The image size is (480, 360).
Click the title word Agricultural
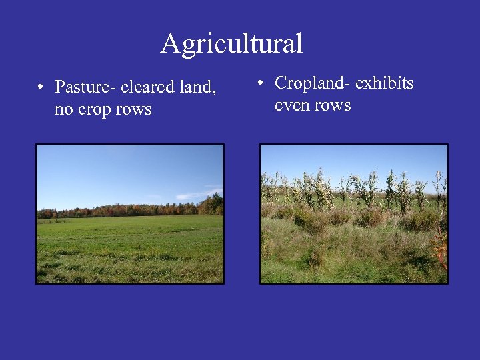[x=231, y=44]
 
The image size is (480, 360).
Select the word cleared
[x=145, y=87]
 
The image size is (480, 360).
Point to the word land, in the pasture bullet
[x=197, y=87]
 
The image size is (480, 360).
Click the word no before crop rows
[x=63, y=109]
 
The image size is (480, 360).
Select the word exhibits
[x=385, y=83]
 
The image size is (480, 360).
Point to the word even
[x=291, y=105]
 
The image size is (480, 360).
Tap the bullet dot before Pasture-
[x=41, y=88]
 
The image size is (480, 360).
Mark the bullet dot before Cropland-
[x=262, y=84]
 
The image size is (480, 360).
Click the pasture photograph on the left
[x=130, y=213]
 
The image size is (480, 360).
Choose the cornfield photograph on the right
[x=353, y=213]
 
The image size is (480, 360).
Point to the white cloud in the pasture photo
[x=200, y=194]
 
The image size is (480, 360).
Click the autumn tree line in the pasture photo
[x=133, y=210]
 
